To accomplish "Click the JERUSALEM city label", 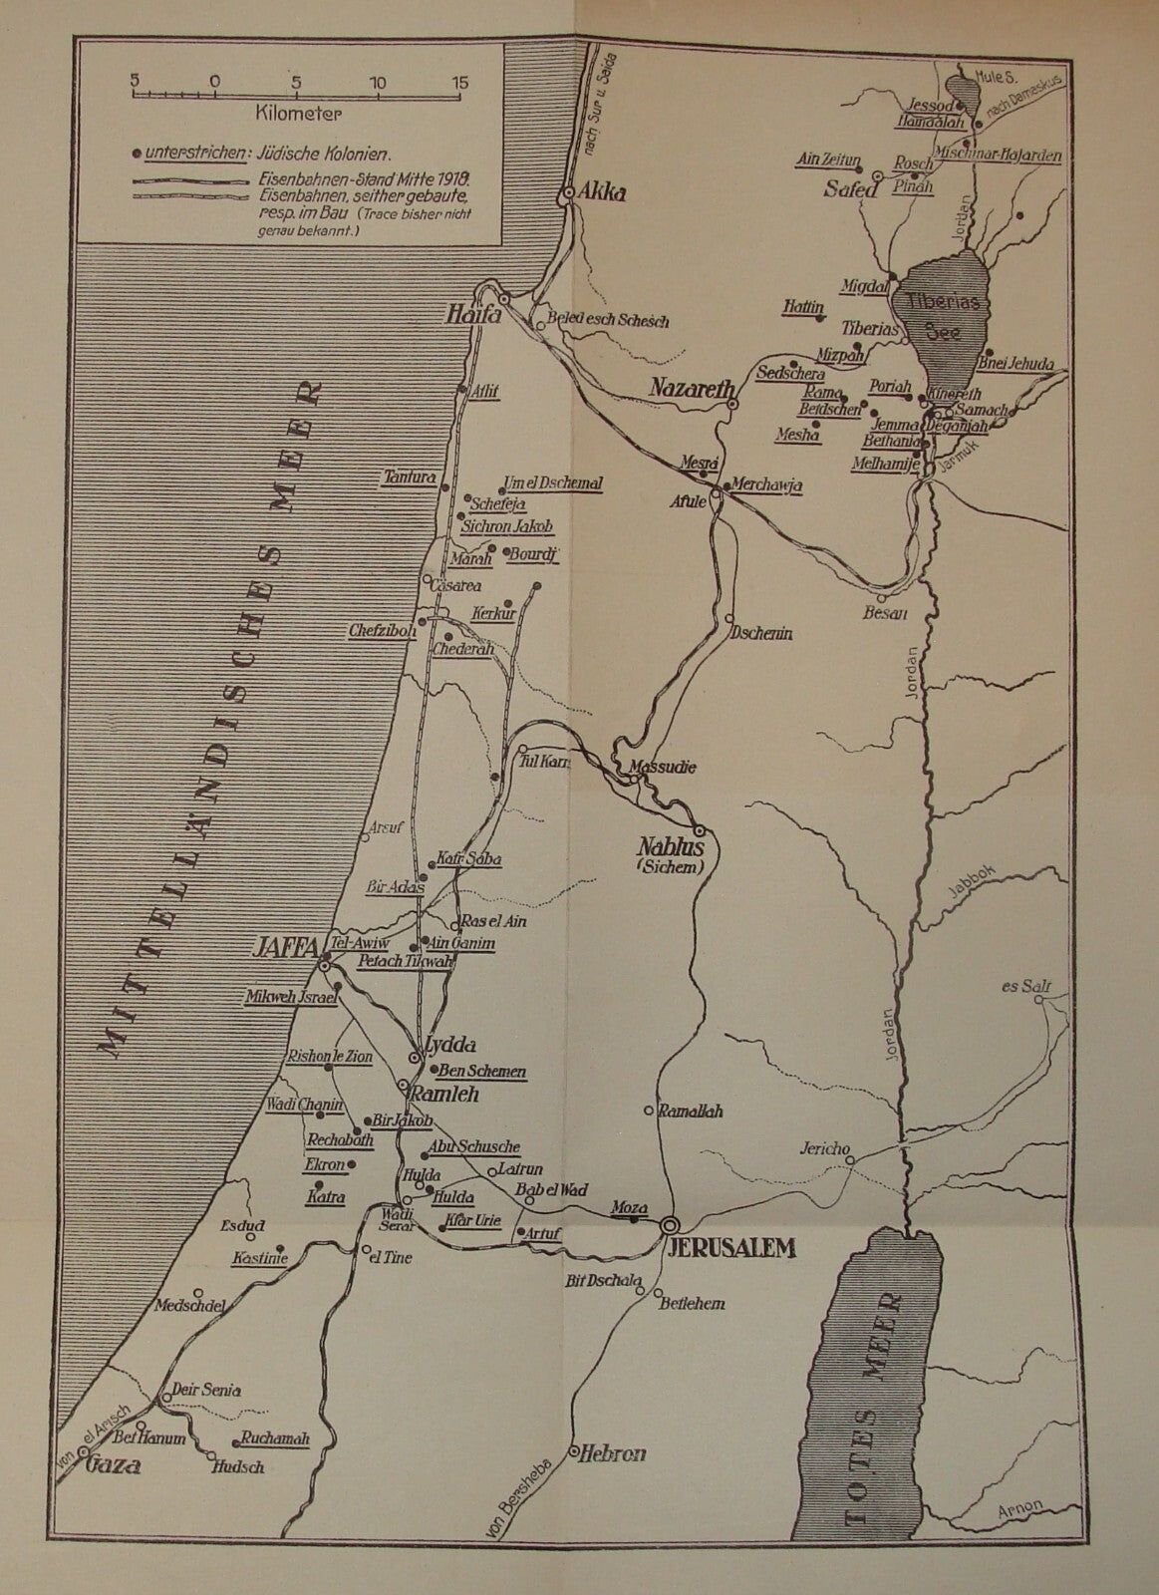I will pos(728,1247).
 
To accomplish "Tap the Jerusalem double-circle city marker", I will pos(670,1223).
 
